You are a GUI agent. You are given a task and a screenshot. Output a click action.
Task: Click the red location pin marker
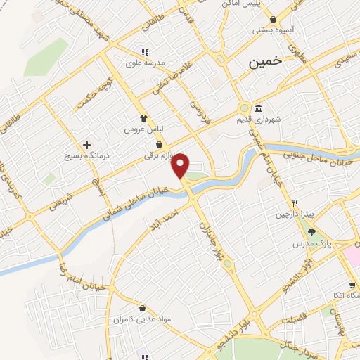[181, 165]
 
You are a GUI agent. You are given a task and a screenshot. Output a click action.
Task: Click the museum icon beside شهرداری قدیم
[259, 108]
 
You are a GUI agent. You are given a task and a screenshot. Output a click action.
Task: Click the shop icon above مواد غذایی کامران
[143, 309]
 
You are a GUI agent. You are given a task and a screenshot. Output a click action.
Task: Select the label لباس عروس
[143, 130]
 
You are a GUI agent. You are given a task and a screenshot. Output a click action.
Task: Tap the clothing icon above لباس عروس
[143, 120]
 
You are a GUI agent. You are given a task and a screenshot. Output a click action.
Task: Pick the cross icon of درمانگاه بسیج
[87, 144]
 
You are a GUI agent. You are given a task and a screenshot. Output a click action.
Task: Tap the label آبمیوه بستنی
[271, 30]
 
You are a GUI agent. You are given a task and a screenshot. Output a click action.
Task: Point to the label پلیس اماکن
[271, 4]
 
